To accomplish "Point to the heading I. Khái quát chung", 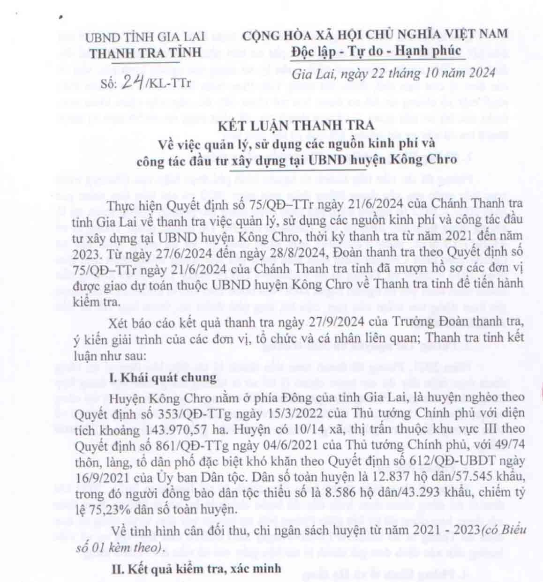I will click(x=163, y=378).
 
